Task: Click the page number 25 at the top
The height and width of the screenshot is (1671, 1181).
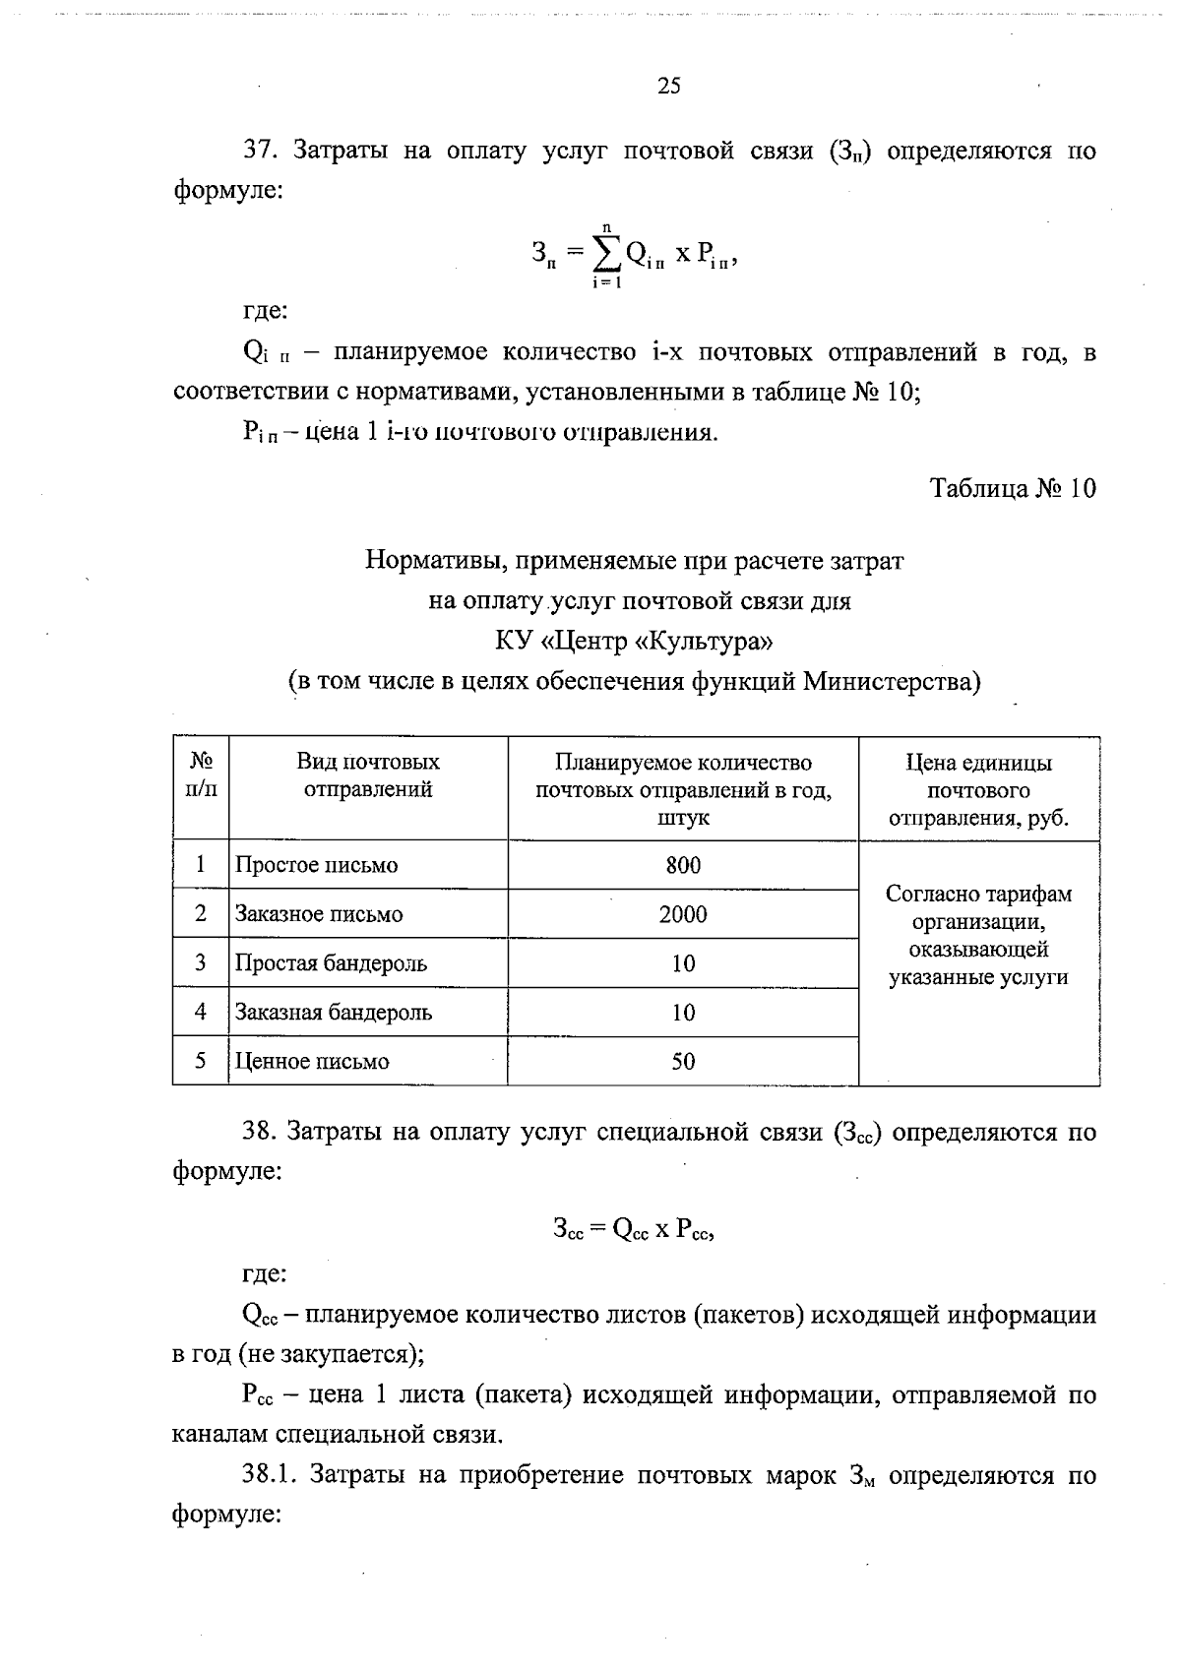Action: point(668,87)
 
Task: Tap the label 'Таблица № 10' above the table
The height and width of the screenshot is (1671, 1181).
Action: point(1013,488)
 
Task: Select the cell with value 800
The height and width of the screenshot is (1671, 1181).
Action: point(683,866)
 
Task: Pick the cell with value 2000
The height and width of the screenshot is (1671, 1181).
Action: point(683,915)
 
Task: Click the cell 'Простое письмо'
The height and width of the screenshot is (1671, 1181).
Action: point(316,866)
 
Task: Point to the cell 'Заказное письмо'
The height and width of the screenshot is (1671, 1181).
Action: point(319,915)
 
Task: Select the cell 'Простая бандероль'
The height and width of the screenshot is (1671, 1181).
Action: point(331,964)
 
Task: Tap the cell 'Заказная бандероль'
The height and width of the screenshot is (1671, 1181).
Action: point(333,1013)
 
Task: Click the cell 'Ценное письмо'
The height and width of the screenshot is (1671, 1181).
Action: point(312,1062)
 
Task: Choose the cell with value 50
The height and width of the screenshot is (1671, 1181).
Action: point(683,1062)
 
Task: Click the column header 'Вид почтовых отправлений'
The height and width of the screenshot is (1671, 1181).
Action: point(368,775)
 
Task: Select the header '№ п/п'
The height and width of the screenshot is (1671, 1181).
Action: point(201,775)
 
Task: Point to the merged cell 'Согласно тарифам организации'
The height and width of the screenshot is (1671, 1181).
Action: point(978,936)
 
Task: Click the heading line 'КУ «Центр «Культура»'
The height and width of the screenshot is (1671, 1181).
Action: point(634,642)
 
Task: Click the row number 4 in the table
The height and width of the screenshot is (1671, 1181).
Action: point(201,1013)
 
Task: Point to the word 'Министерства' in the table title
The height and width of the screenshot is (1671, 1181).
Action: point(890,682)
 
